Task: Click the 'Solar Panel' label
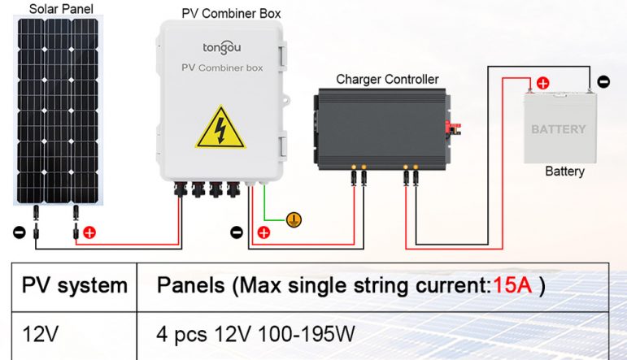click(60, 9)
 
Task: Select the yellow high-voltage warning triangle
click(220, 128)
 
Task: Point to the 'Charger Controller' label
click(387, 80)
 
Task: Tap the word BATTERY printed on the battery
click(558, 129)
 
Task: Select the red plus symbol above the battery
click(542, 82)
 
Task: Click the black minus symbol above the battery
click(603, 81)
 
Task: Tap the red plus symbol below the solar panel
click(89, 232)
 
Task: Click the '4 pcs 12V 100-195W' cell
click(255, 333)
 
